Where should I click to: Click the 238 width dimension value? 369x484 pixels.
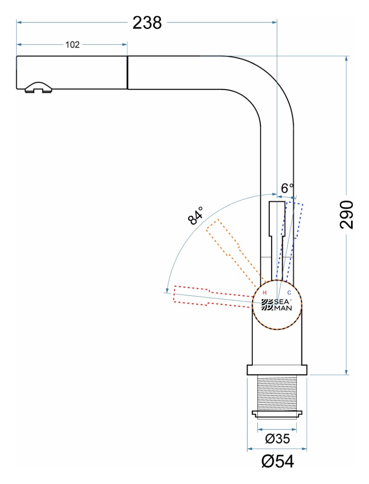point(147,22)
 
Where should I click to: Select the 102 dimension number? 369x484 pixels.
point(72,44)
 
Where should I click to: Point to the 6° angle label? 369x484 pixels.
point(287,188)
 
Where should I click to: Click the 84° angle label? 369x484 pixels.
point(196,216)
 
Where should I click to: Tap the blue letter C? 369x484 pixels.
point(289,292)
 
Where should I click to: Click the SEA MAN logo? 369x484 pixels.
point(277,304)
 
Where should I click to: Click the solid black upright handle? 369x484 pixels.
point(276,238)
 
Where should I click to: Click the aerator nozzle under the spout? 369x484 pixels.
point(38,87)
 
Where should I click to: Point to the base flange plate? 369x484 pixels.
point(277,370)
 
